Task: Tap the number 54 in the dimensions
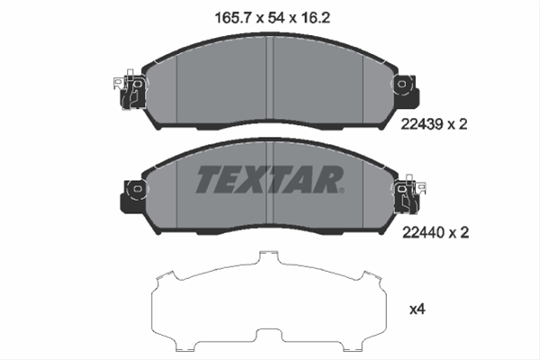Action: (276, 18)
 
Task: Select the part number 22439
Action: (422, 124)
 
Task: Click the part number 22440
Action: (424, 233)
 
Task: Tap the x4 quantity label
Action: (418, 310)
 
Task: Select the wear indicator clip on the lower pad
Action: (409, 194)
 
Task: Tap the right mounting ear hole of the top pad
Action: (401, 84)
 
